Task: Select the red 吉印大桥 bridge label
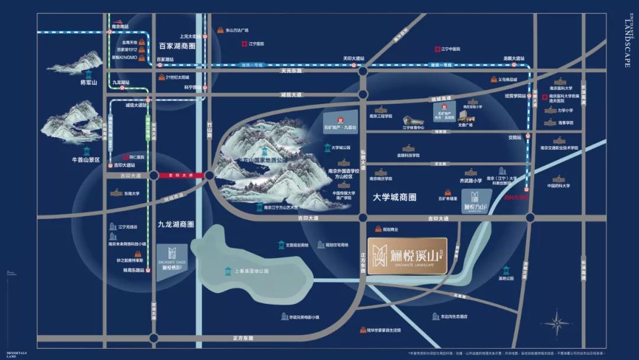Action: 182,175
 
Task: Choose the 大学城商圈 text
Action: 395,197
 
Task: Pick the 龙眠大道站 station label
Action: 514,59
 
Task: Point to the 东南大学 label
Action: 131,193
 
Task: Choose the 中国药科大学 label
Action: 558,186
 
